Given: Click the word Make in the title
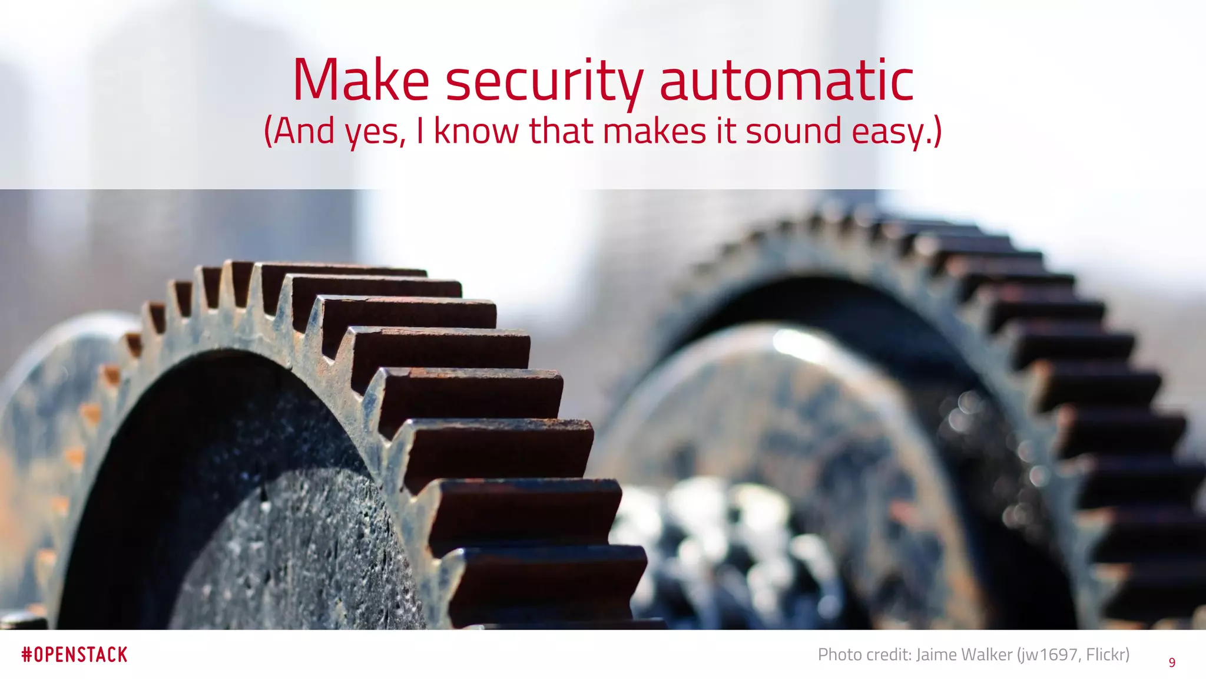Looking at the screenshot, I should (360, 80).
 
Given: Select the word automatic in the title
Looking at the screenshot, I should (786, 80).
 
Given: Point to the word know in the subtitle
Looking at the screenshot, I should (476, 131).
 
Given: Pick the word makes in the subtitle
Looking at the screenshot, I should (654, 131).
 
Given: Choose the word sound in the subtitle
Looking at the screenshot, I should (793, 131).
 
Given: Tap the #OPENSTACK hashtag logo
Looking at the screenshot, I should (74, 655).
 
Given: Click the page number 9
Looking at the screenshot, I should (1172, 662).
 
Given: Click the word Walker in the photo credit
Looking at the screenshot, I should (989, 654).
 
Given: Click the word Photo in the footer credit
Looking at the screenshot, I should (839, 654).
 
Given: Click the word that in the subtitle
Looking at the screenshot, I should (560, 131).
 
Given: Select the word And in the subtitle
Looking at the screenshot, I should (302, 131).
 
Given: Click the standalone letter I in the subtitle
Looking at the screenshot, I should (420, 131).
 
